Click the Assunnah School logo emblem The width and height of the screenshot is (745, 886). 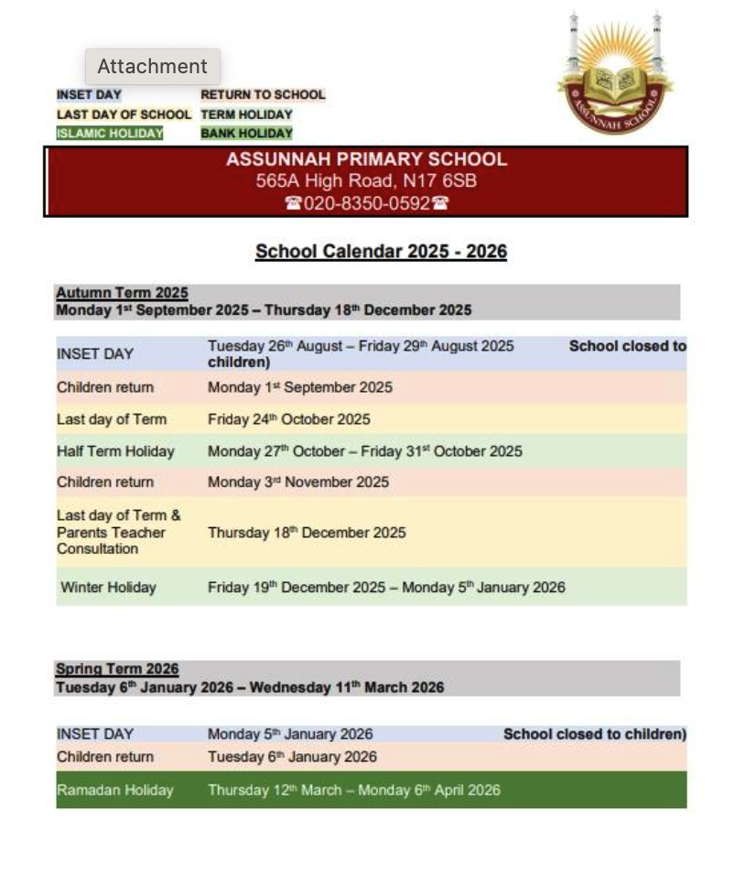point(614,78)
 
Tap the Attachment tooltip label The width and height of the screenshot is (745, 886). point(153,67)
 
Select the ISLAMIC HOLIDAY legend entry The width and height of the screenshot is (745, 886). point(110,134)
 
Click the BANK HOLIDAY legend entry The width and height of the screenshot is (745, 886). point(246,134)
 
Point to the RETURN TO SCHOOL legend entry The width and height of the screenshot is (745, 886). point(263,94)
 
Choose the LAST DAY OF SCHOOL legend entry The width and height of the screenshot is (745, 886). point(124,114)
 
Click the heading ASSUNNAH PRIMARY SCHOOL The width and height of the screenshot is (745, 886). point(366,159)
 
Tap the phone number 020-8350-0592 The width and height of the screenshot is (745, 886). point(366,203)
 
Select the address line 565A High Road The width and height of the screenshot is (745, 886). point(366,181)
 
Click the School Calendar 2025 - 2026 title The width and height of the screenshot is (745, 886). point(381,252)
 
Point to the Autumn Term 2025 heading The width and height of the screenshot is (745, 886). point(122,293)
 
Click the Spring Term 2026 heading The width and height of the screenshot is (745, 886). point(117,669)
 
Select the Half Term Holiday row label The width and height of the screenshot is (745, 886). point(115,451)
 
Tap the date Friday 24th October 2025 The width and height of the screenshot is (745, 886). point(289,419)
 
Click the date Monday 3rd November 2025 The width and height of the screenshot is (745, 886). point(298,482)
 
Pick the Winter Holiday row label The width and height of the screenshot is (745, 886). point(108,588)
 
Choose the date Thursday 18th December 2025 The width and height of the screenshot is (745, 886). point(307,533)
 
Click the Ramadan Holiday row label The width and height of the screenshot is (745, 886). point(114,790)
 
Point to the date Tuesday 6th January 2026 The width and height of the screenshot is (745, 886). point(292,757)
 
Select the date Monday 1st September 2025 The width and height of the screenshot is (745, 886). point(300,387)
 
